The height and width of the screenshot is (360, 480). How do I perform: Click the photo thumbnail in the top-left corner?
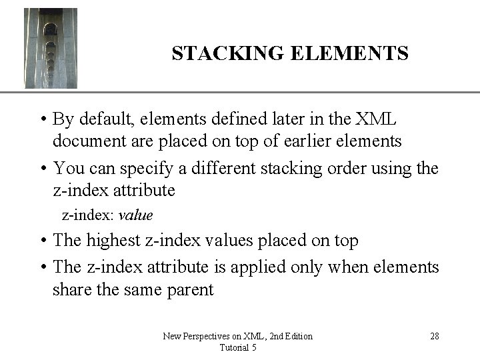[51, 48]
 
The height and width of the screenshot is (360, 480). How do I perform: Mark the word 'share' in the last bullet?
[73, 291]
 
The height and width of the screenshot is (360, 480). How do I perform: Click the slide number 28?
[433, 336]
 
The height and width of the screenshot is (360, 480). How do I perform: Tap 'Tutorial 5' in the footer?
[237, 347]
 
